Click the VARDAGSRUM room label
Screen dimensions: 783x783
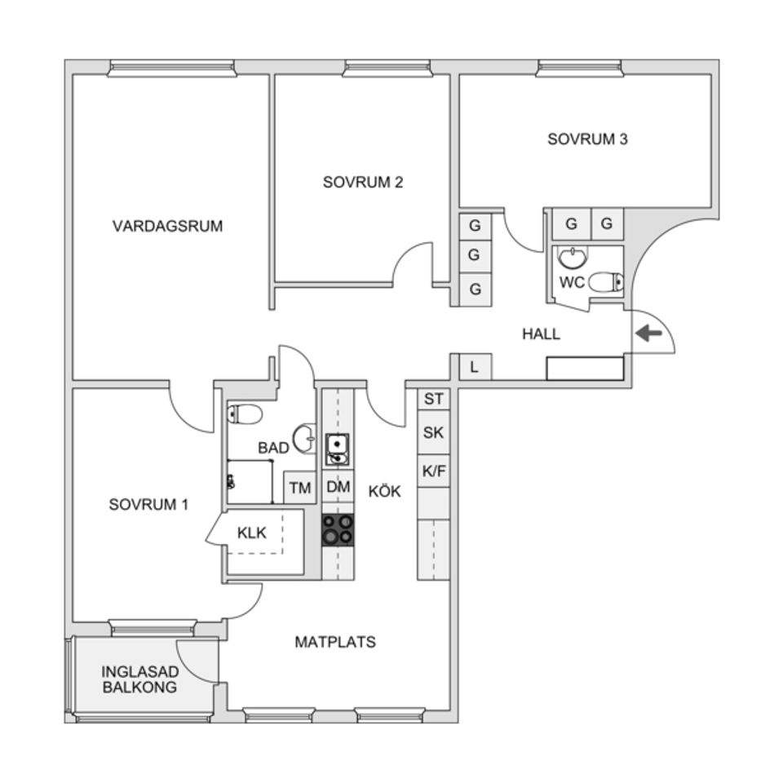tap(167, 226)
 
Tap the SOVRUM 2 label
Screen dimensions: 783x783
tap(363, 182)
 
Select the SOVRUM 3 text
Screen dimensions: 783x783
tap(587, 139)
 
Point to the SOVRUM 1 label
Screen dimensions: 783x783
tap(148, 505)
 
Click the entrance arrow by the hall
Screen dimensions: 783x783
tap(649, 333)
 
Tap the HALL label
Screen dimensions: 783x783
tap(542, 334)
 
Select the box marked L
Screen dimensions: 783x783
tap(475, 367)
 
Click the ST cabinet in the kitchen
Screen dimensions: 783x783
tap(434, 399)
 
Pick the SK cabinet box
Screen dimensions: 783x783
tap(434, 433)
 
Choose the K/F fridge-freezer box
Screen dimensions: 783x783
tap(434, 470)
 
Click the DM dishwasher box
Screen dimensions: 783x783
tap(338, 487)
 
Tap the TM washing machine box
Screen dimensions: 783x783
tap(300, 489)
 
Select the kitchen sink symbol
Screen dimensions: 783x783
tap(337, 449)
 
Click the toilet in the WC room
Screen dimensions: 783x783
tap(605, 282)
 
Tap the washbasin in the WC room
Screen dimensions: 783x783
tap(572, 259)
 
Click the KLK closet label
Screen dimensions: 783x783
tap(252, 533)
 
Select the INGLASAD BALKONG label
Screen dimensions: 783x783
tap(139, 679)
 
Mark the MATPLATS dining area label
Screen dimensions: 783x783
tap(335, 642)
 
